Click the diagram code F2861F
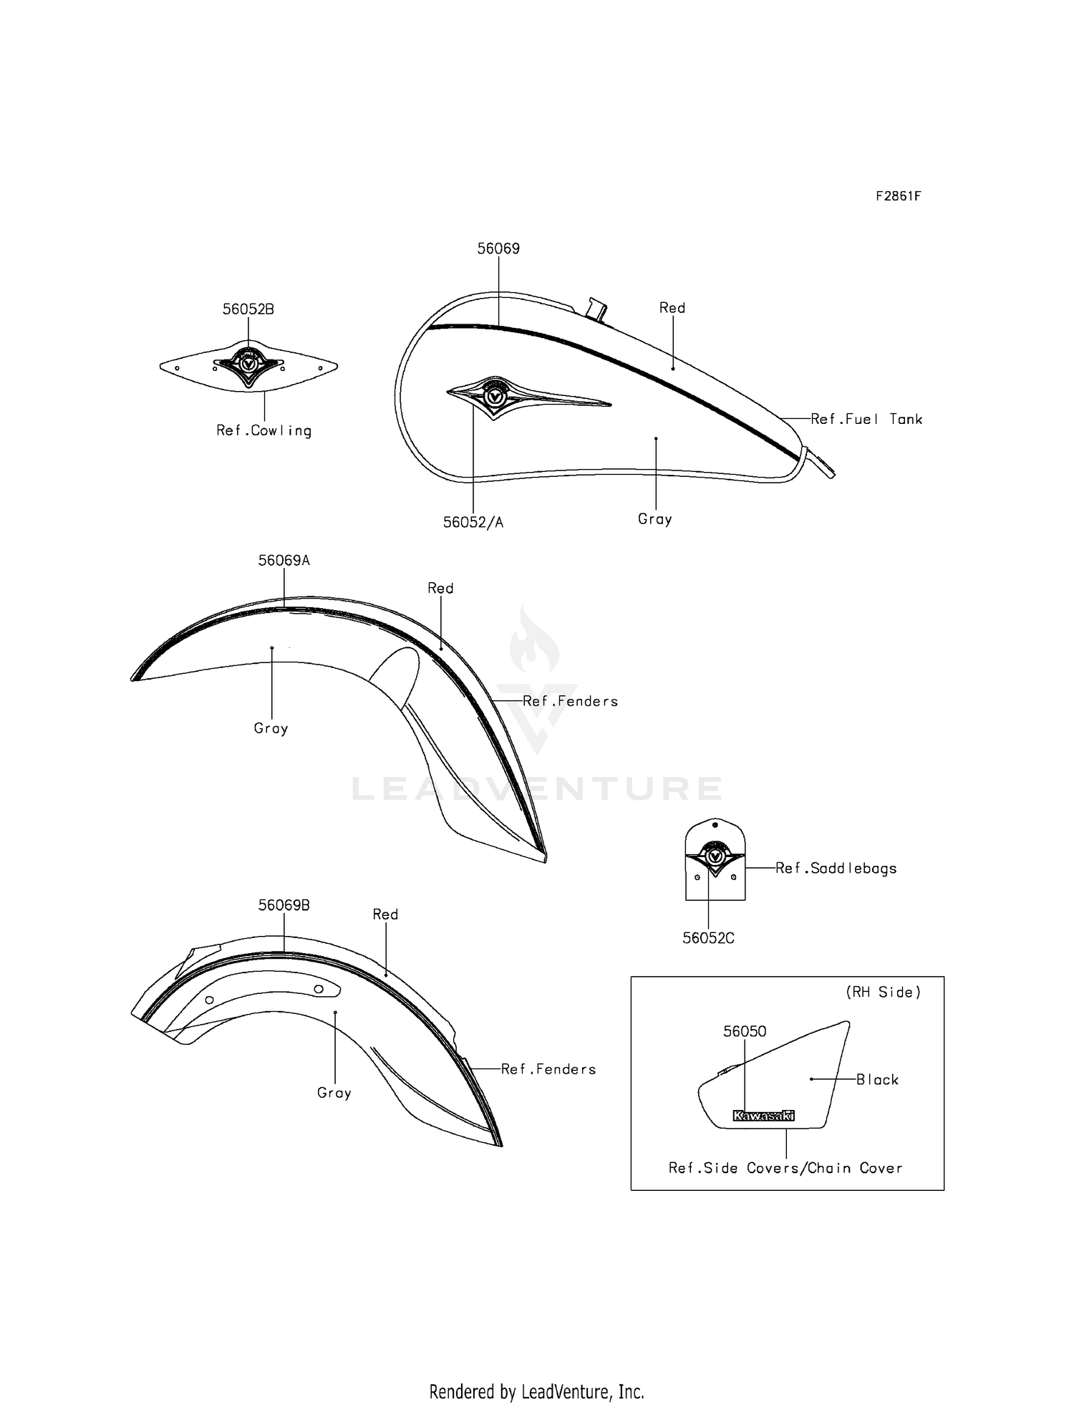coord(899,195)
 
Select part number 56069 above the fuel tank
coord(498,248)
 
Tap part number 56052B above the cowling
coord(248,309)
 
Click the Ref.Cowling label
coord(264,430)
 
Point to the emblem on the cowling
coord(248,366)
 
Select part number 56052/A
coord(473,523)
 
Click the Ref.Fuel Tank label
coord(866,420)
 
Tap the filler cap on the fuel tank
coord(596,309)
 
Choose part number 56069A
coord(284,561)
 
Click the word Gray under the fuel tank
coord(655,519)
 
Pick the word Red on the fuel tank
coord(672,308)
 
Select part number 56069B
coord(284,905)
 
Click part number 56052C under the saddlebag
coord(708,938)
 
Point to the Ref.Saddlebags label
coord(836,869)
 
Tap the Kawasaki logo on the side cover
coord(763,1116)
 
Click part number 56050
coord(745,1031)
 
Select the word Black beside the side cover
coord(877,1080)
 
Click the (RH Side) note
coord(884,993)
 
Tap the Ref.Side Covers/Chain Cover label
coord(785,1168)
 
